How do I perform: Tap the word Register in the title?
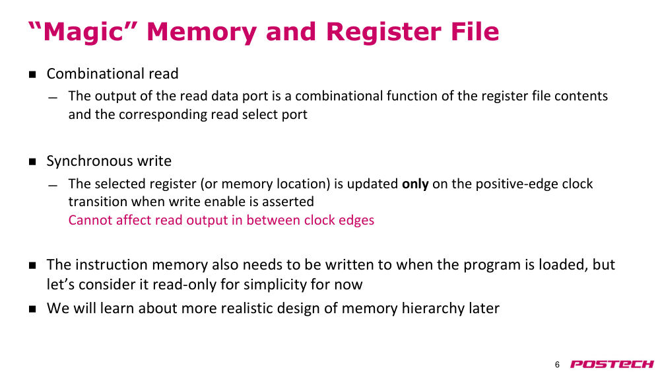(x=383, y=32)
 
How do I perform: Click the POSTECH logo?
(x=612, y=364)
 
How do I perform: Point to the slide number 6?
(x=557, y=365)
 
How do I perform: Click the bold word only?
(x=415, y=184)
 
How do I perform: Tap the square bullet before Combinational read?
(x=32, y=75)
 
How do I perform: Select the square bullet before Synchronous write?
(x=32, y=162)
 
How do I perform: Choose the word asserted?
(x=288, y=202)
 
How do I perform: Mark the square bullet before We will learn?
(x=32, y=309)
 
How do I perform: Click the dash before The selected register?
(x=53, y=186)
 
